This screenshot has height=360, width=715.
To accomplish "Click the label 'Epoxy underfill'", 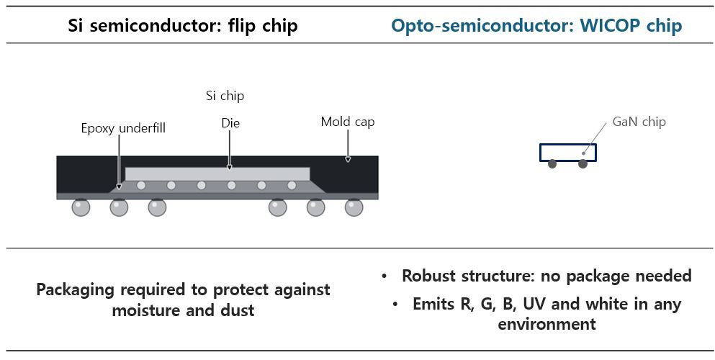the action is (123, 128).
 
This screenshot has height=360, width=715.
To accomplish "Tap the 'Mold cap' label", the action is (348, 122).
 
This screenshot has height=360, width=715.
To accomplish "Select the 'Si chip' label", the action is (225, 96).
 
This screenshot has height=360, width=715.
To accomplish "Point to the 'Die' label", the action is (230, 123).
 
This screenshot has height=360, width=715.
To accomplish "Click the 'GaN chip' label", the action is (639, 122).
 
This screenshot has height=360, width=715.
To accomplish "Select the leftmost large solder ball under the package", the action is (81, 207).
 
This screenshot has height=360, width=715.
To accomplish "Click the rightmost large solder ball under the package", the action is (354, 207).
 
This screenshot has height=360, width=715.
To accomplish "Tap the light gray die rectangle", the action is (217, 174).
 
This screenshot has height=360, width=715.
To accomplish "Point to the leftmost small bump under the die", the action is (141, 186).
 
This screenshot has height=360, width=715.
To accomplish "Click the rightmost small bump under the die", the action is (292, 186).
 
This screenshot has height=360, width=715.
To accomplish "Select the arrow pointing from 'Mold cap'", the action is (348, 146).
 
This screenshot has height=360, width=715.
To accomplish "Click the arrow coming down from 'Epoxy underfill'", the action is (119, 162).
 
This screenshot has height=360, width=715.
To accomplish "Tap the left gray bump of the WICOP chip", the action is (552, 163).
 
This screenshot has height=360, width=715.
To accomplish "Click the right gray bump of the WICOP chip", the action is (583, 163).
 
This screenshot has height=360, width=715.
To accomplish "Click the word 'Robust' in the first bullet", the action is (428, 276).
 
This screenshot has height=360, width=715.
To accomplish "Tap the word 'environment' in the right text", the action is (547, 325).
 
